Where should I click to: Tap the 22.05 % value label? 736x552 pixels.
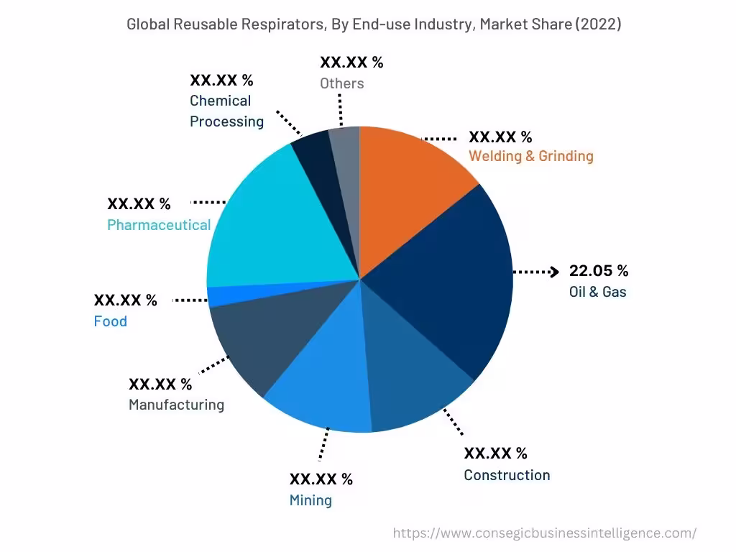tap(599, 271)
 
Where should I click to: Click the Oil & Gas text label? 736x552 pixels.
tap(597, 292)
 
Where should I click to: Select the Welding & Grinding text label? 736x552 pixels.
tap(531, 156)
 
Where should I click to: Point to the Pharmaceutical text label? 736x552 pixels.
tap(159, 225)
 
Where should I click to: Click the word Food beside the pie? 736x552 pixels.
tap(110, 321)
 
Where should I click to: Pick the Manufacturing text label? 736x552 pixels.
tap(176, 405)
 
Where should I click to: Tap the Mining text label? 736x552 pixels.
tap(310, 500)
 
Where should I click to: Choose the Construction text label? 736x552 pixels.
tap(507, 475)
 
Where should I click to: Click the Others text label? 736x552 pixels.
tap(342, 83)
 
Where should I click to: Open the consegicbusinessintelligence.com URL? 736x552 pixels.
tap(545, 533)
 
